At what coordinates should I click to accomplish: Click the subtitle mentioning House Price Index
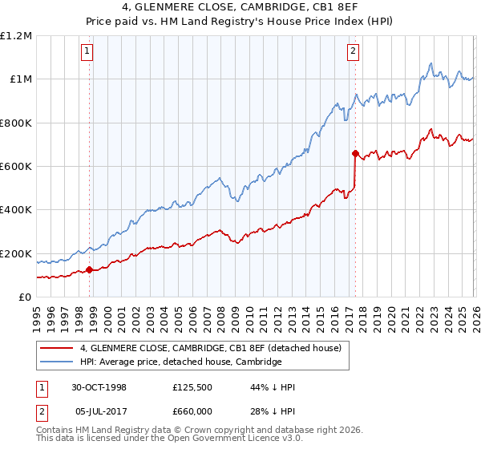point(240,22)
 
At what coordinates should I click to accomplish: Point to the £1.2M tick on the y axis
point(16,36)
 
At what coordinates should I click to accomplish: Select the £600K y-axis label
point(16,167)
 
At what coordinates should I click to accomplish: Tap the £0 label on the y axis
point(26,297)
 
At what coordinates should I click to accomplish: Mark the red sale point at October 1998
point(89,269)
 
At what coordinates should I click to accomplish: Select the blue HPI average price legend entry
point(180,362)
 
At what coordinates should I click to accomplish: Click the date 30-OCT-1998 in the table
point(99,387)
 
